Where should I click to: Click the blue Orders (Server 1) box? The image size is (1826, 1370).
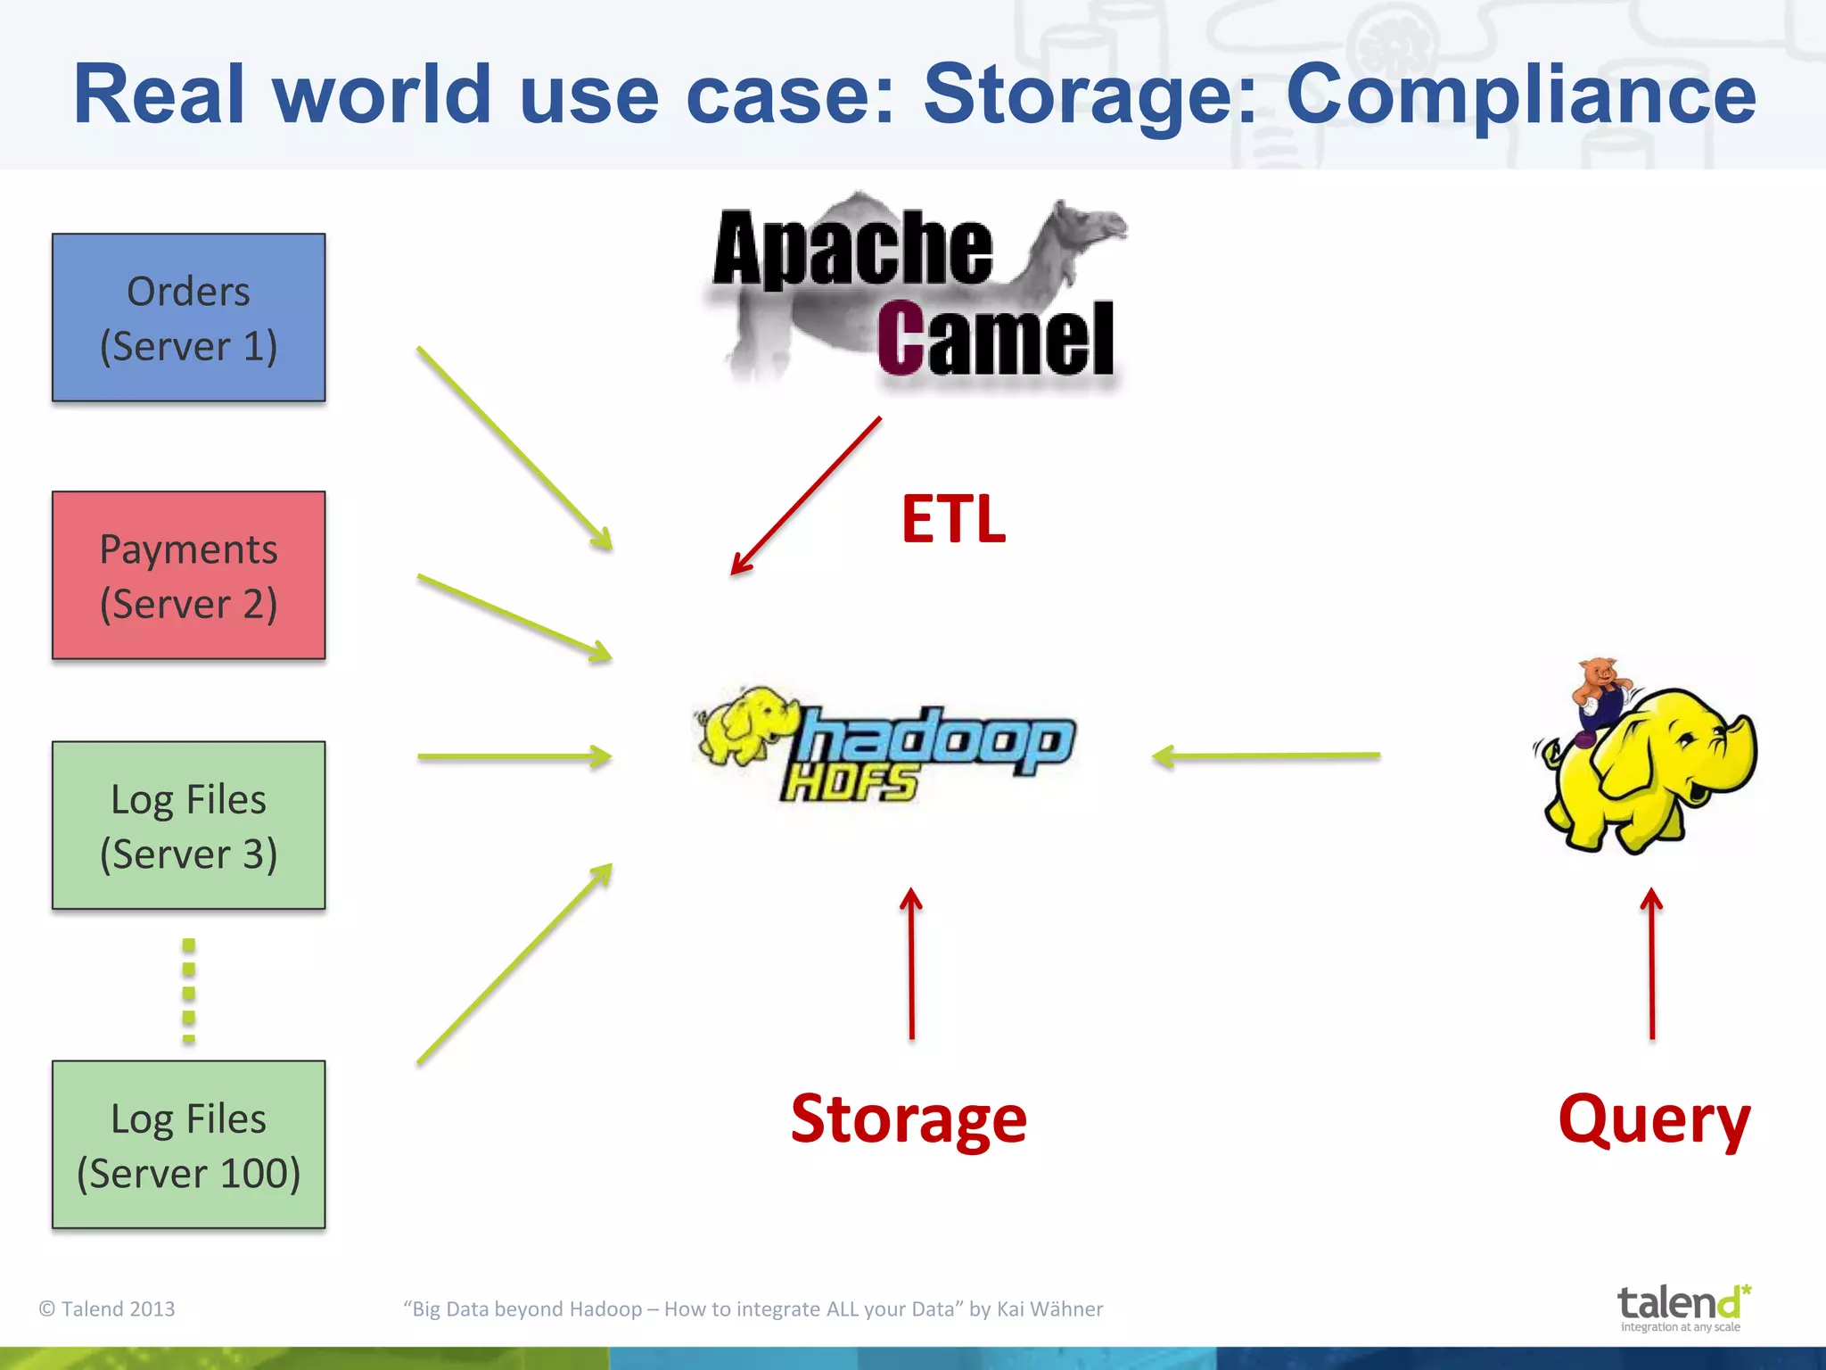coord(188,318)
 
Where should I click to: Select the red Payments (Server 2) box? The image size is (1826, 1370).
coord(188,575)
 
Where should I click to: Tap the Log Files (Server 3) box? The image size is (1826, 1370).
coord(188,825)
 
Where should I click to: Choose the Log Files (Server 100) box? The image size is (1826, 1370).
coord(188,1144)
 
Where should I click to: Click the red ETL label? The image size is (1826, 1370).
coord(953,519)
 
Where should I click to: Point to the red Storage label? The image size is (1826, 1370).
coord(909,1118)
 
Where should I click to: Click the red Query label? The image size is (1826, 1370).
coord(1654,1120)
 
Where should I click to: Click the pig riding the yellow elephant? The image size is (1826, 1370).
coord(1600,691)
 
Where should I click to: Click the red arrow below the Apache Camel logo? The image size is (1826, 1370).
coord(806,496)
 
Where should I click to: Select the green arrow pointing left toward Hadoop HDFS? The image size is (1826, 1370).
coord(1266,756)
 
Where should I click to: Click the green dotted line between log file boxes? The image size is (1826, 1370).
coord(188,990)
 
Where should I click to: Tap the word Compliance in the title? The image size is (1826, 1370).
coord(1520,95)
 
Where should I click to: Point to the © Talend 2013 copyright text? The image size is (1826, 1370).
coord(107,1308)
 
